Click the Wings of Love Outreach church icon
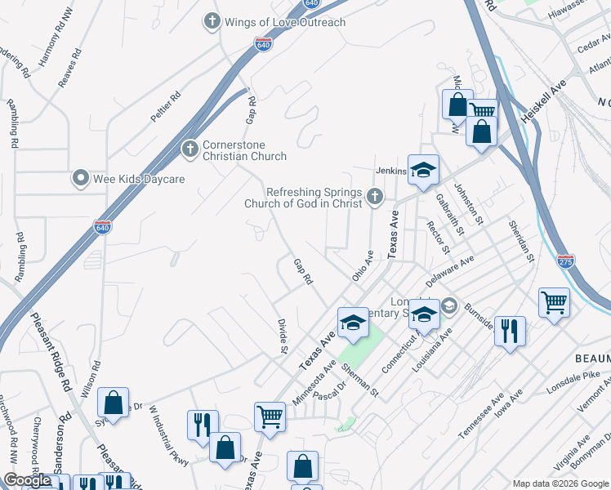pos(212,21)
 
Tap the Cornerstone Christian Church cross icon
pos(189,149)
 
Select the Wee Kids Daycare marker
pos(81,178)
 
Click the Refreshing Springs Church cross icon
pos(375,195)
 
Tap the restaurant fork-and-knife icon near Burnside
pos(510,331)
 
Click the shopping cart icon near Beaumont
pos(554,303)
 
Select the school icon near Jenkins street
pos(423,170)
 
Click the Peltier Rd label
pos(166,107)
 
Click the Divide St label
pos(283,336)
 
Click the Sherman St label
pos(361,380)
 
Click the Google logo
pos(26,481)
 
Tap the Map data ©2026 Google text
pos(560,483)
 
